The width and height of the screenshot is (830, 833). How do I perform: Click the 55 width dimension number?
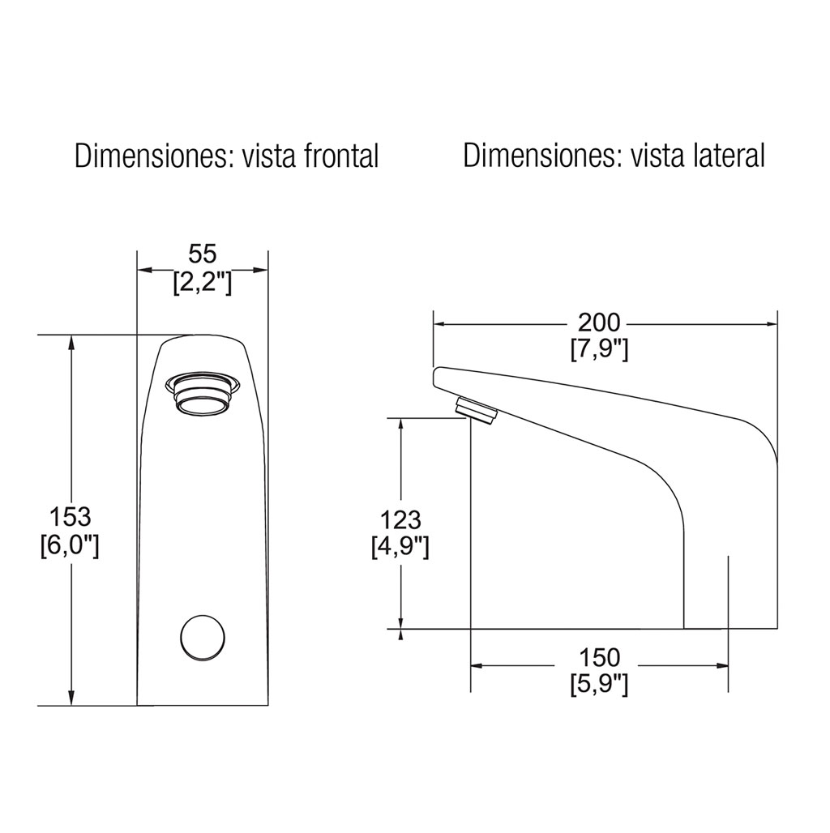point(203,254)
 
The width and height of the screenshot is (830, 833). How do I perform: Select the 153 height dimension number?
point(71,517)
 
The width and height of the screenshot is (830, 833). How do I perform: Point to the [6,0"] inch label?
point(70,545)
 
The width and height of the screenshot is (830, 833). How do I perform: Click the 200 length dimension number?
point(599,323)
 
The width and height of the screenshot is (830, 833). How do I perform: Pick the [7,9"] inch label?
point(599,349)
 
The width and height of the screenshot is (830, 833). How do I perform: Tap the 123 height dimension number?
point(400,520)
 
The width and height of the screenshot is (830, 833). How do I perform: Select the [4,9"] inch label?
point(400,548)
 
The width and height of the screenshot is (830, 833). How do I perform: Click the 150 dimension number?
point(599,658)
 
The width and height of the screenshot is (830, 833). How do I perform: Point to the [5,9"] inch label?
point(599,686)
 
